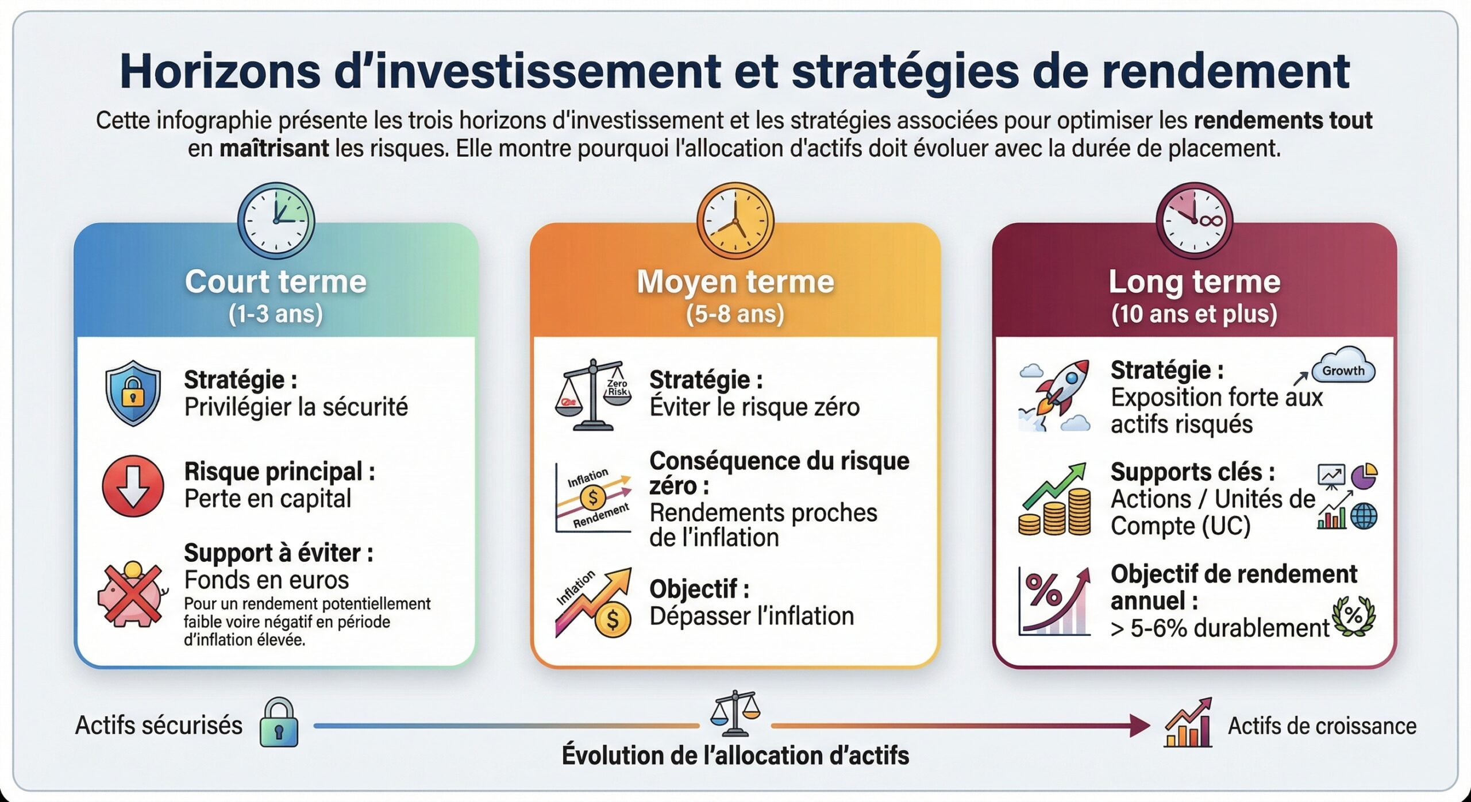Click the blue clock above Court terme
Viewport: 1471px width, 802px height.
point(276,221)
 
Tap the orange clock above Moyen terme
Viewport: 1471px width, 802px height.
point(735,221)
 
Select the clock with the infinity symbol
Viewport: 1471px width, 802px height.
point(1194,221)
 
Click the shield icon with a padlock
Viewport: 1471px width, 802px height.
point(133,393)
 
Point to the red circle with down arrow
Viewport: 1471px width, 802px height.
point(133,486)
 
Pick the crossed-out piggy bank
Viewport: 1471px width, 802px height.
point(133,595)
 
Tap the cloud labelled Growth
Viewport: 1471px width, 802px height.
point(1343,368)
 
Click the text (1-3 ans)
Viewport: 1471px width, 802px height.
point(276,314)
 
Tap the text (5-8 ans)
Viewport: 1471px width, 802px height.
point(735,314)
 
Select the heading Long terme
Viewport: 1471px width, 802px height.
point(1194,282)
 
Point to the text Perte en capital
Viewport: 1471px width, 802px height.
point(268,499)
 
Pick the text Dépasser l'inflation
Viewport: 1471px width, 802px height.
point(752,616)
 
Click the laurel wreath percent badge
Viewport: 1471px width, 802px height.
point(1353,616)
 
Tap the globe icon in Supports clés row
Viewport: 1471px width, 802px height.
point(1364,516)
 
